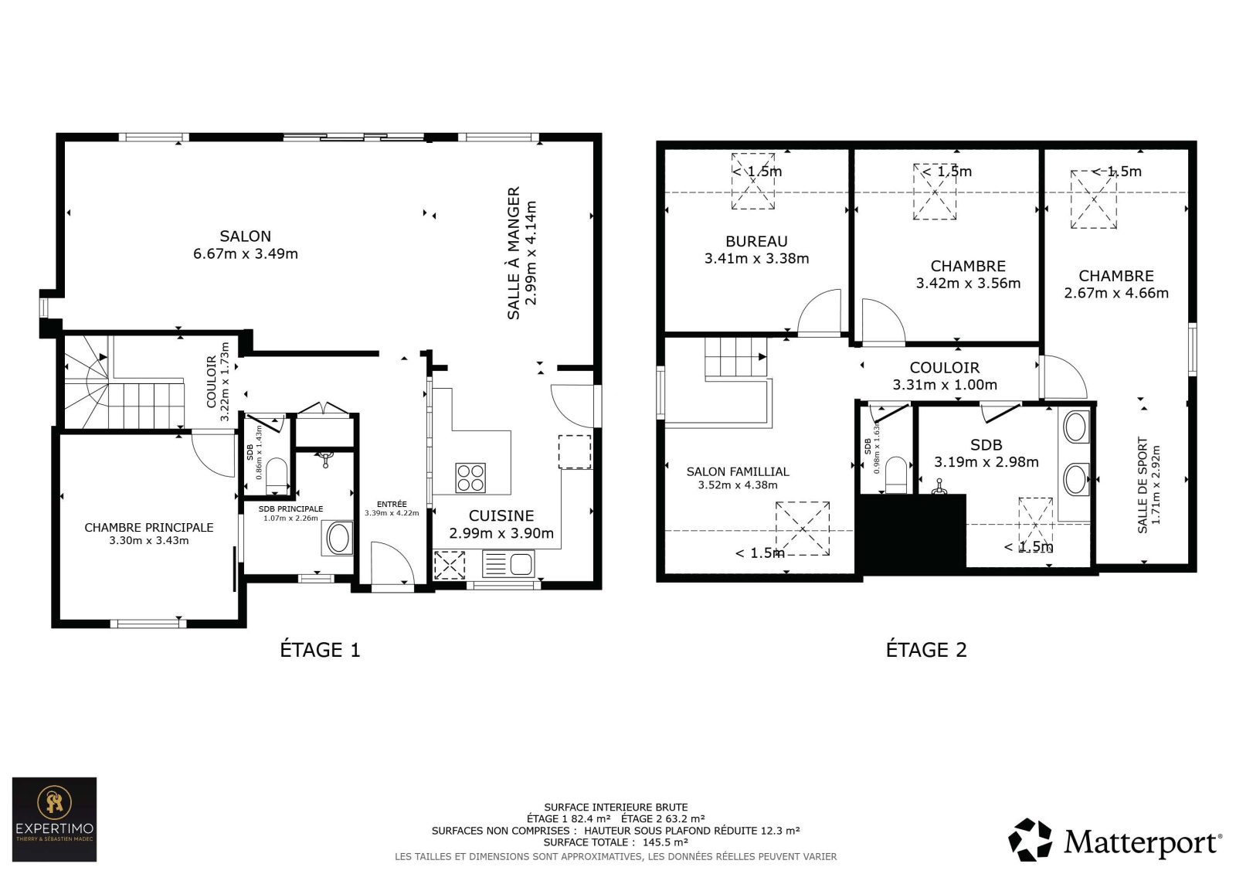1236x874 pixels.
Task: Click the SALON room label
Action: [246, 236]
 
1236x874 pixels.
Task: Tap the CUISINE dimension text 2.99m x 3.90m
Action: [501, 533]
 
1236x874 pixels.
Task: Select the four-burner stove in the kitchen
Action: [470, 478]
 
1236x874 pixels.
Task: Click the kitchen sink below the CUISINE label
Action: [508, 564]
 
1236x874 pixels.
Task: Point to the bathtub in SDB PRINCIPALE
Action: [338, 538]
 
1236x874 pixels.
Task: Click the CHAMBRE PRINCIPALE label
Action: [149, 527]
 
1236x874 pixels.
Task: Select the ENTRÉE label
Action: [392, 504]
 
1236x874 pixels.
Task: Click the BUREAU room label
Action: [756, 241]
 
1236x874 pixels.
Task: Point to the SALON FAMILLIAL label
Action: [738, 471]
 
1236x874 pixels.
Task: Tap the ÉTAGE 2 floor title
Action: [926, 650]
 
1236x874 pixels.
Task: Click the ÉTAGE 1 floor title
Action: [320, 650]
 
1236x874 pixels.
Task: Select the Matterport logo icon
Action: [1030, 840]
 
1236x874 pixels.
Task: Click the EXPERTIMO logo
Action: [55, 819]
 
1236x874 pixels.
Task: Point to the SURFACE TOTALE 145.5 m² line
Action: [616, 842]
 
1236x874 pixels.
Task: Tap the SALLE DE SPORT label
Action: [1143, 485]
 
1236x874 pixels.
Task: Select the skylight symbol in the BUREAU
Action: [753, 181]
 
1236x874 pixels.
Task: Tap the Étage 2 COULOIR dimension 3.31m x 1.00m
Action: [946, 385]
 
